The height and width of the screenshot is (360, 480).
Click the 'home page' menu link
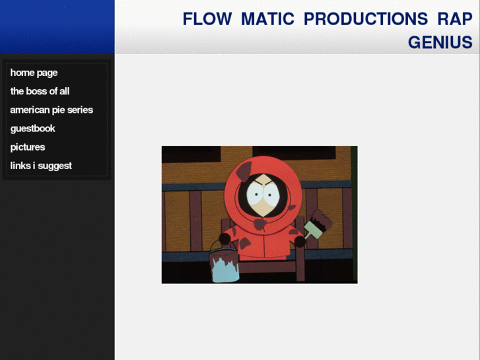(x=34, y=73)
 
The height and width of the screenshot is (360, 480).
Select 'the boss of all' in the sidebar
(x=40, y=91)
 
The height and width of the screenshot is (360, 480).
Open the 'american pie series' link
(x=51, y=110)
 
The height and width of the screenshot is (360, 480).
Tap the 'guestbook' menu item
(x=32, y=128)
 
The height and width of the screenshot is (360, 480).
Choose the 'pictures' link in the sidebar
(x=27, y=147)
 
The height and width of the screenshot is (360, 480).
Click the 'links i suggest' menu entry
(x=41, y=166)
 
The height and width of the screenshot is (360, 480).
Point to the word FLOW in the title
(x=207, y=19)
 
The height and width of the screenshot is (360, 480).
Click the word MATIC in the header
(x=267, y=19)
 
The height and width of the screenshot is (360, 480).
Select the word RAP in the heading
(x=455, y=19)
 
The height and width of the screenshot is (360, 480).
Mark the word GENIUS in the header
(x=440, y=42)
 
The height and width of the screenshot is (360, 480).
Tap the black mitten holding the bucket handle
(x=225, y=238)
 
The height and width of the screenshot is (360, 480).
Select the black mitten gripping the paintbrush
(x=300, y=242)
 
